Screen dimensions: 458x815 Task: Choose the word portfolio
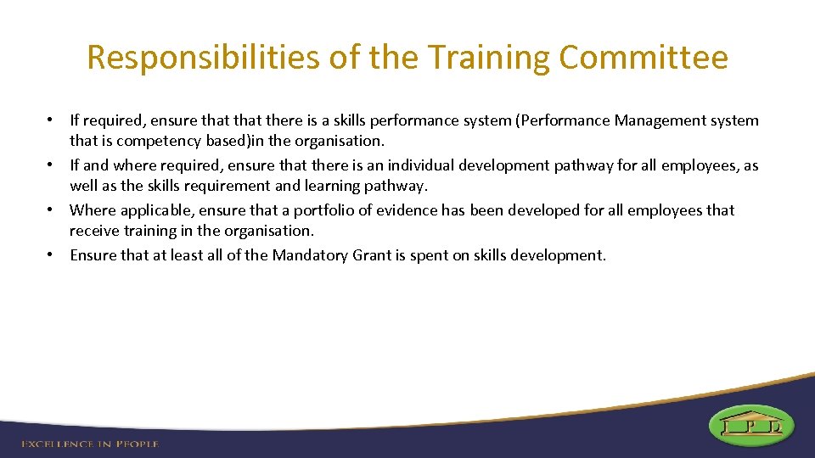[325, 209]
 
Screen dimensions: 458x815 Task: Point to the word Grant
[370, 254]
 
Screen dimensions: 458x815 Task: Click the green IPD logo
[751, 425]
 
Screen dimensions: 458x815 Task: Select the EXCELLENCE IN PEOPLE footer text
[90, 443]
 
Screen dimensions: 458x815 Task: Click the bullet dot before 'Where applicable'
[52, 209]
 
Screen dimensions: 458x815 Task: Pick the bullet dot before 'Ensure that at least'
[52, 254]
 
